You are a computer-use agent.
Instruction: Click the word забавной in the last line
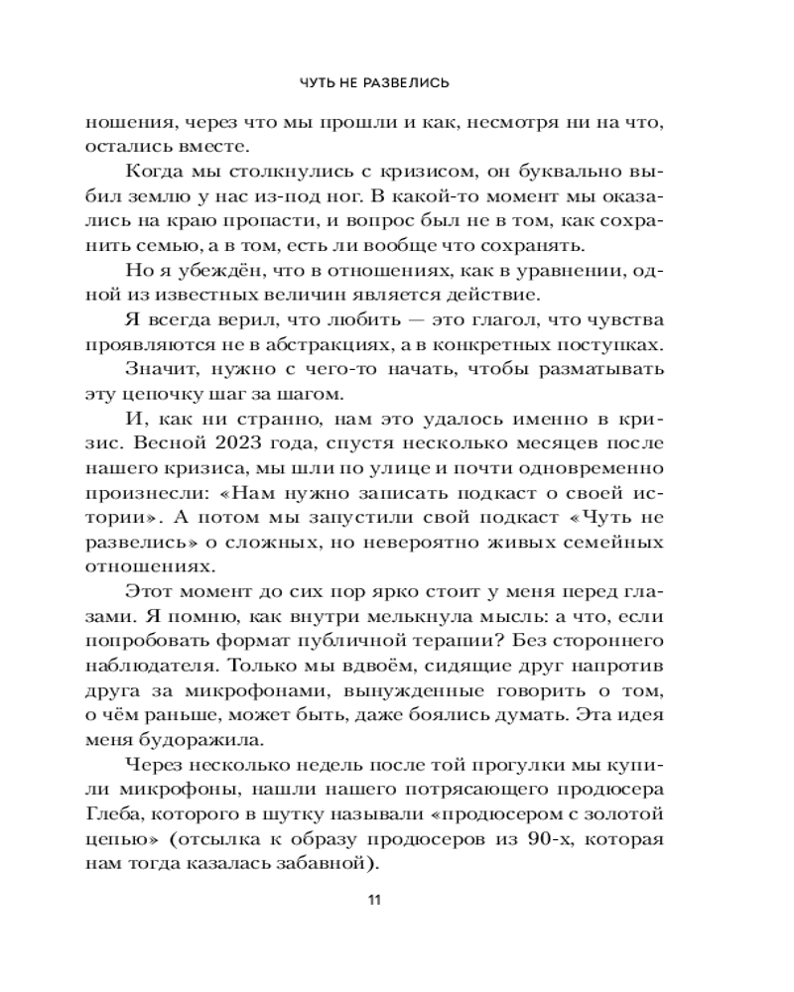click(x=320, y=864)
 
